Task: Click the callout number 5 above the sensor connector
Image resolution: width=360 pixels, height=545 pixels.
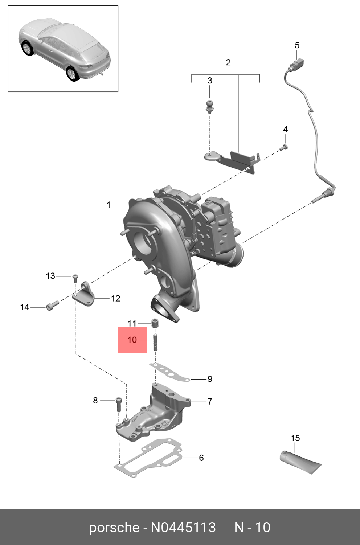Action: click(297, 45)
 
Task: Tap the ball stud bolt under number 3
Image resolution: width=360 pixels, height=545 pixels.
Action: click(209, 105)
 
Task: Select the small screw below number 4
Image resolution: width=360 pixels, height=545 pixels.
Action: click(284, 147)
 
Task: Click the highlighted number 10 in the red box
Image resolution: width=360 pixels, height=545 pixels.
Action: click(132, 340)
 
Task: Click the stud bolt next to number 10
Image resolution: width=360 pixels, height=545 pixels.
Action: click(155, 342)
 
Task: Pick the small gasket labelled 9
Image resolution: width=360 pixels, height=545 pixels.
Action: click(169, 373)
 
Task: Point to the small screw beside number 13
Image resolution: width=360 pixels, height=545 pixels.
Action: click(75, 278)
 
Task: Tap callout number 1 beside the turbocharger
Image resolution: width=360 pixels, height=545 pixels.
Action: click(108, 205)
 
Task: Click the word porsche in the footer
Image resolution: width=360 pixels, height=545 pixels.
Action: click(114, 527)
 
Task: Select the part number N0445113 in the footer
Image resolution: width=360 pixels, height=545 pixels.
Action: click(183, 527)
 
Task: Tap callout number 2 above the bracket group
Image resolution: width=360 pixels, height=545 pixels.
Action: click(228, 62)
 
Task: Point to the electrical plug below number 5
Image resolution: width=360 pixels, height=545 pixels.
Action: click(296, 66)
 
